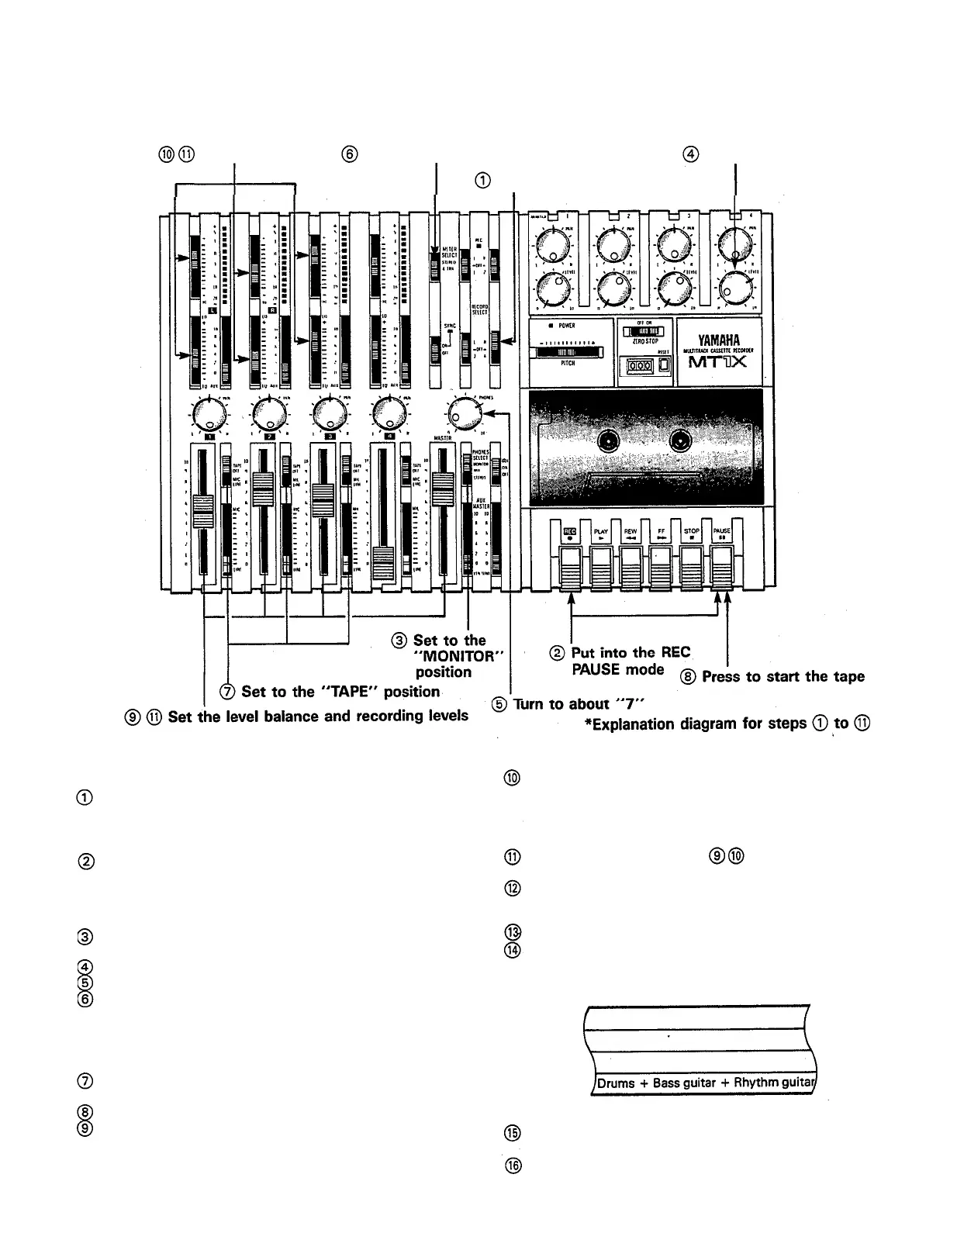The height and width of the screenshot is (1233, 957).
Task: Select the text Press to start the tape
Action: (x=783, y=676)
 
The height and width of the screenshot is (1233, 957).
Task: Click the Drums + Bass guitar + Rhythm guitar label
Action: (x=703, y=1083)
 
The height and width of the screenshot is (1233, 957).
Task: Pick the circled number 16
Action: (x=512, y=1165)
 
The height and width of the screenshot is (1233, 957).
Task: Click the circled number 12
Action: (x=512, y=888)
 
